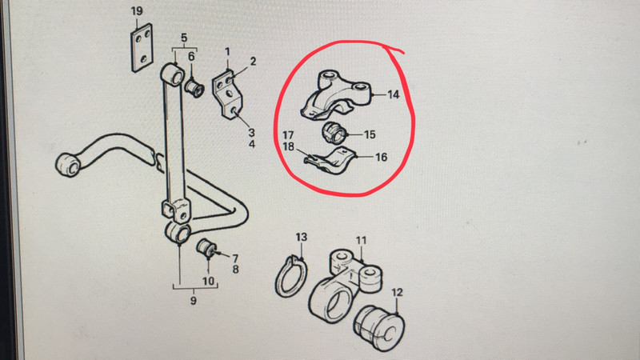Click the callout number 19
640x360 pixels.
(x=137, y=11)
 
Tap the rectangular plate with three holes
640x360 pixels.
(x=142, y=48)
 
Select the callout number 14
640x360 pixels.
(x=393, y=94)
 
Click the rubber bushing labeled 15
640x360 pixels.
(x=334, y=133)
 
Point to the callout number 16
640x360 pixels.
(x=382, y=157)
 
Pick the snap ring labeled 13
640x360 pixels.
(x=290, y=276)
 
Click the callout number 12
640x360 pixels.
(x=397, y=292)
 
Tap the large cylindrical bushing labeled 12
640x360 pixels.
(x=378, y=328)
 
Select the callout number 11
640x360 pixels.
(x=362, y=241)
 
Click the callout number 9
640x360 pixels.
(x=193, y=301)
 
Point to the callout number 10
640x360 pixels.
(x=208, y=281)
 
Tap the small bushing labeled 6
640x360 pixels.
(x=194, y=88)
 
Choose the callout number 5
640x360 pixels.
(x=184, y=38)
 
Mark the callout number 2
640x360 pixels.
(x=253, y=62)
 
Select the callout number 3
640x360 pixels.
(x=251, y=132)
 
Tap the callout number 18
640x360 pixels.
(x=288, y=146)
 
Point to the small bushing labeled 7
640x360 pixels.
(x=206, y=248)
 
